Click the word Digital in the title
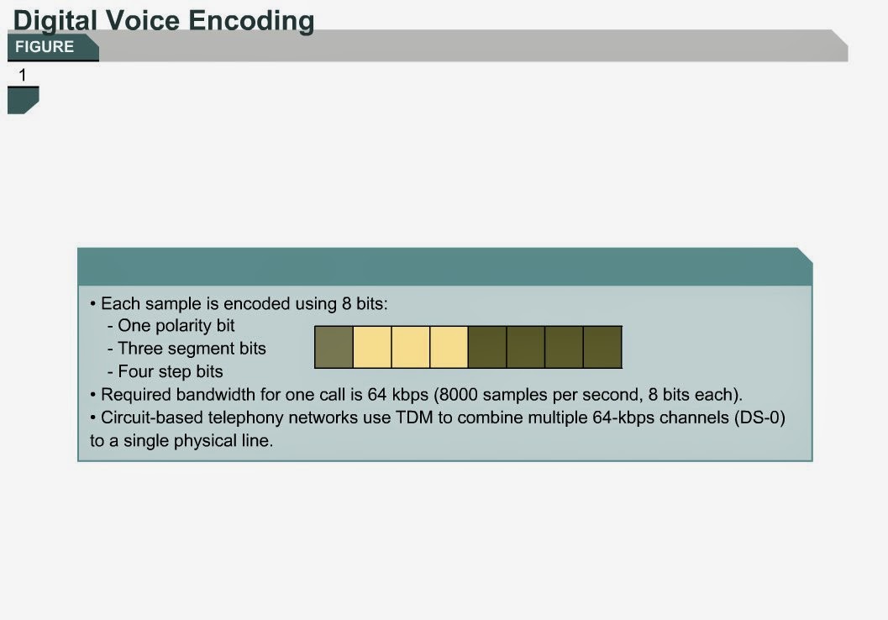pyautogui.click(x=50, y=20)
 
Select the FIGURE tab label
pyautogui.click(x=45, y=47)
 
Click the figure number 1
pyautogui.click(x=23, y=76)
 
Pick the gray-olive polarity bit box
pyautogui.click(x=334, y=347)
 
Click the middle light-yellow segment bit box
pyautogui.click(x=411, y=347)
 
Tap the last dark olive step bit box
pyautogui.click(x=602, y=347)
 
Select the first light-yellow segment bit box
pyautogui.click(x=372, y=347)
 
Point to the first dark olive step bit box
pyautogui.click(x=487, y=347)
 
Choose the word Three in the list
pyautogui.click(x=139, y=349)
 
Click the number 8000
pyautogui.click(x=460, y=395)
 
